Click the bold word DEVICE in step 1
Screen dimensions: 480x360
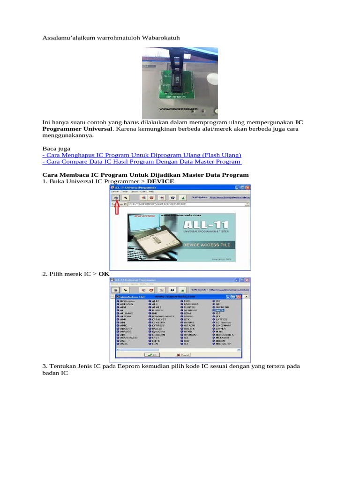point(160,181)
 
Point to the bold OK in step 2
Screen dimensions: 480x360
point(104,273)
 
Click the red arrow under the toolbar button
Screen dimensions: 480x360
point(117,209)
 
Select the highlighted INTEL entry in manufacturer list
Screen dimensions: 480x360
point(219,310)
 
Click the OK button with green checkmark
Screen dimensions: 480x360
point(150,355)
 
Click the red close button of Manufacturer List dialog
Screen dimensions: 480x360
point(238,297)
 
